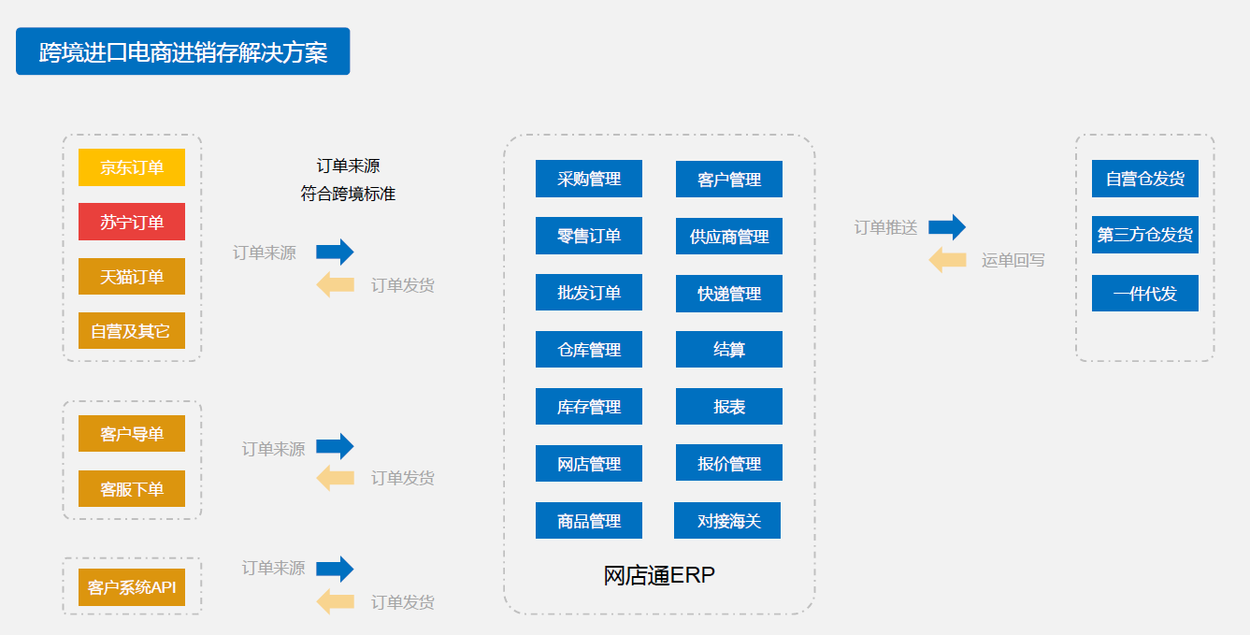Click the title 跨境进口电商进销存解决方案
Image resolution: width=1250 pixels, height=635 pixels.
(x=182, y=51)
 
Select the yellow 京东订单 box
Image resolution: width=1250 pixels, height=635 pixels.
(x=132, y=167)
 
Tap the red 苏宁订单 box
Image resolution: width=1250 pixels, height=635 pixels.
(x=132, y=222)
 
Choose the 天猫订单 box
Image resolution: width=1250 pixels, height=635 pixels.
(x=132, y=277)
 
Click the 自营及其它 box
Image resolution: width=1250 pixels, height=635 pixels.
(x=132, y=331)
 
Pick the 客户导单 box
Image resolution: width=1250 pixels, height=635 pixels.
(x=132, y=434)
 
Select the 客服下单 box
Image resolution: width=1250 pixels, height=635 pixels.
(x=132, y=489)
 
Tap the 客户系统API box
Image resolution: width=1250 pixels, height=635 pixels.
(x=132, y=587)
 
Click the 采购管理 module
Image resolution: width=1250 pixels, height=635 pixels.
(x=589, y=179)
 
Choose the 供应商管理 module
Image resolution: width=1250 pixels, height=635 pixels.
(x=729, y=237)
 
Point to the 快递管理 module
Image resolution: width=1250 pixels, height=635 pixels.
(x=729, y=294)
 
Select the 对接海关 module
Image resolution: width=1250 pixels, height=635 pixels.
(x=727, y=521)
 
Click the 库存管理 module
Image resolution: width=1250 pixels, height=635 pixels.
(x=589, y=407)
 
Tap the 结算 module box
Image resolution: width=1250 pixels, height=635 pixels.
(x=729, y=350)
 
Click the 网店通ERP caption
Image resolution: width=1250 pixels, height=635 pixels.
(x=659, y=575)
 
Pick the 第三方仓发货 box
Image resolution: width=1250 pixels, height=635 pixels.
(x=1145, y=235)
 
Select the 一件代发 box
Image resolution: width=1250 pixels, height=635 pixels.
(x=1145, y=294)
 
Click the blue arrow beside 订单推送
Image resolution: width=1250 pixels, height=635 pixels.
(x=946, y=227)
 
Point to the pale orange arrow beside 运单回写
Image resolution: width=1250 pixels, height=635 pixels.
(x=947, y=260)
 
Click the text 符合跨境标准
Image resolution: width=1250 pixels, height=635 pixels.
(x=348, y=195)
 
